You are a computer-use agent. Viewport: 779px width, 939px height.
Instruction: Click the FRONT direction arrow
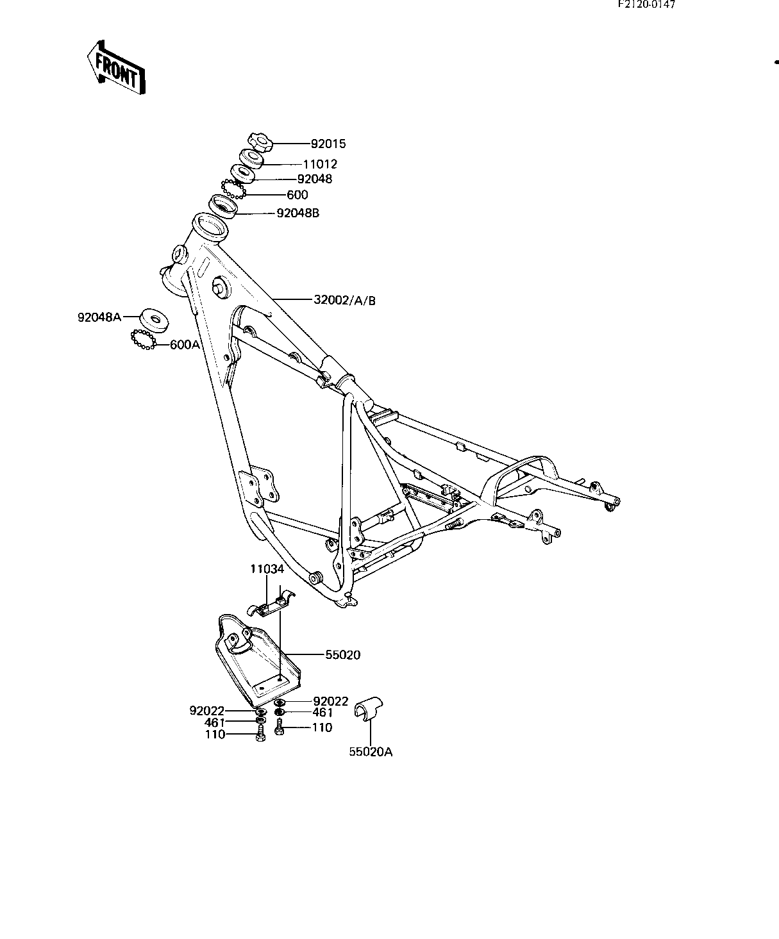[116, 67]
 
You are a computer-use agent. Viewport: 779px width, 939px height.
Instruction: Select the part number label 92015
[328, 144]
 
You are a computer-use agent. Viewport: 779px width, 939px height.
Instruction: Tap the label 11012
[320, 164]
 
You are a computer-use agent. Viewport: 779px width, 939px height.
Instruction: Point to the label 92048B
[297, 213]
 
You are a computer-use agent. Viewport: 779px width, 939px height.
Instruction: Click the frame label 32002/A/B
[344, 300]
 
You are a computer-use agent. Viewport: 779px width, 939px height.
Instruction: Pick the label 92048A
[99, 317]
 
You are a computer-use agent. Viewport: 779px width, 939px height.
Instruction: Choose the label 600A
[185, 345]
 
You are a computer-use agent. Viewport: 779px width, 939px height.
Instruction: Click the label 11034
[267, 569]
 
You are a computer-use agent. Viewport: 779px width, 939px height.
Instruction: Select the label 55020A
[371, 752]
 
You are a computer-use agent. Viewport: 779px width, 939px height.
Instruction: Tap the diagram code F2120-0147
[646, 4]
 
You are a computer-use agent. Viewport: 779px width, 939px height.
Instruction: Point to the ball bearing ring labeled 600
[233, 189]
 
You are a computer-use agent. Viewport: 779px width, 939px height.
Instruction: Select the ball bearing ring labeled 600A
[143, 340]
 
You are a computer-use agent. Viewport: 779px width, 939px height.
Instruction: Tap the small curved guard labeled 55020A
[369, 708]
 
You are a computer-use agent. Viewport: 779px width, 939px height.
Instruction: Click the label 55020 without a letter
[343, 655]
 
